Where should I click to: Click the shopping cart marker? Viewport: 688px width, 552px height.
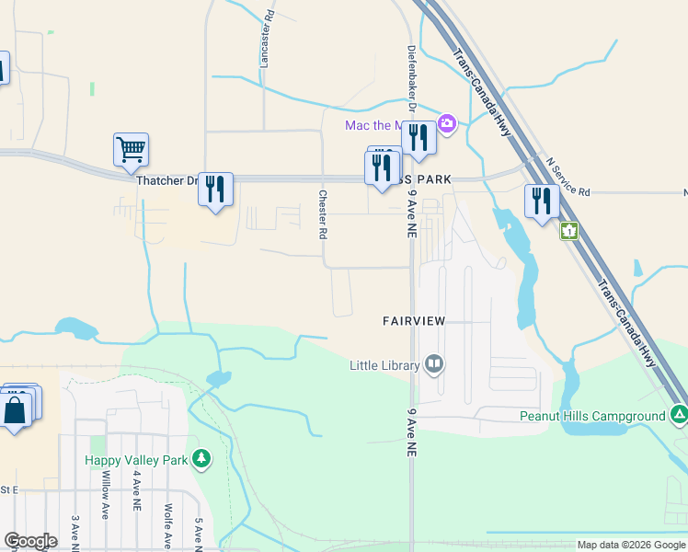coord(131,149)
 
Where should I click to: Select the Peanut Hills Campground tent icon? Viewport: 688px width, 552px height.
coord(679,416)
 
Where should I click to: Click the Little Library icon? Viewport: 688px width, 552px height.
coord(434,365)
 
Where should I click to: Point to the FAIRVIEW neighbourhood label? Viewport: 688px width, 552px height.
coord(414,320)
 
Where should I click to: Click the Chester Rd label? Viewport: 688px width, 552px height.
coord(323,214)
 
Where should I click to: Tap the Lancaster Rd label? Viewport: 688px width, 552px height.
coord(267,44)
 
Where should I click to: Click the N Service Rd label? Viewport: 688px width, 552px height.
coord(567,176)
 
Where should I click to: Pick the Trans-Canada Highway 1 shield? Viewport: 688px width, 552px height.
coord(569,230)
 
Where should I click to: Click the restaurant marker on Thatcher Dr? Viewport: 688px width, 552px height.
coord(215,190)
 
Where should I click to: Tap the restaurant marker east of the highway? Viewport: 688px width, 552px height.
coord(542,201)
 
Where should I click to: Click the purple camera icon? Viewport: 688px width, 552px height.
coord(447,122)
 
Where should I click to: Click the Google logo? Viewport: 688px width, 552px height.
coord(30,541)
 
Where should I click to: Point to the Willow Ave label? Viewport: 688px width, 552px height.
coord(107,495)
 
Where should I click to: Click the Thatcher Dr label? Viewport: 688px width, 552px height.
coord(166,180)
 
